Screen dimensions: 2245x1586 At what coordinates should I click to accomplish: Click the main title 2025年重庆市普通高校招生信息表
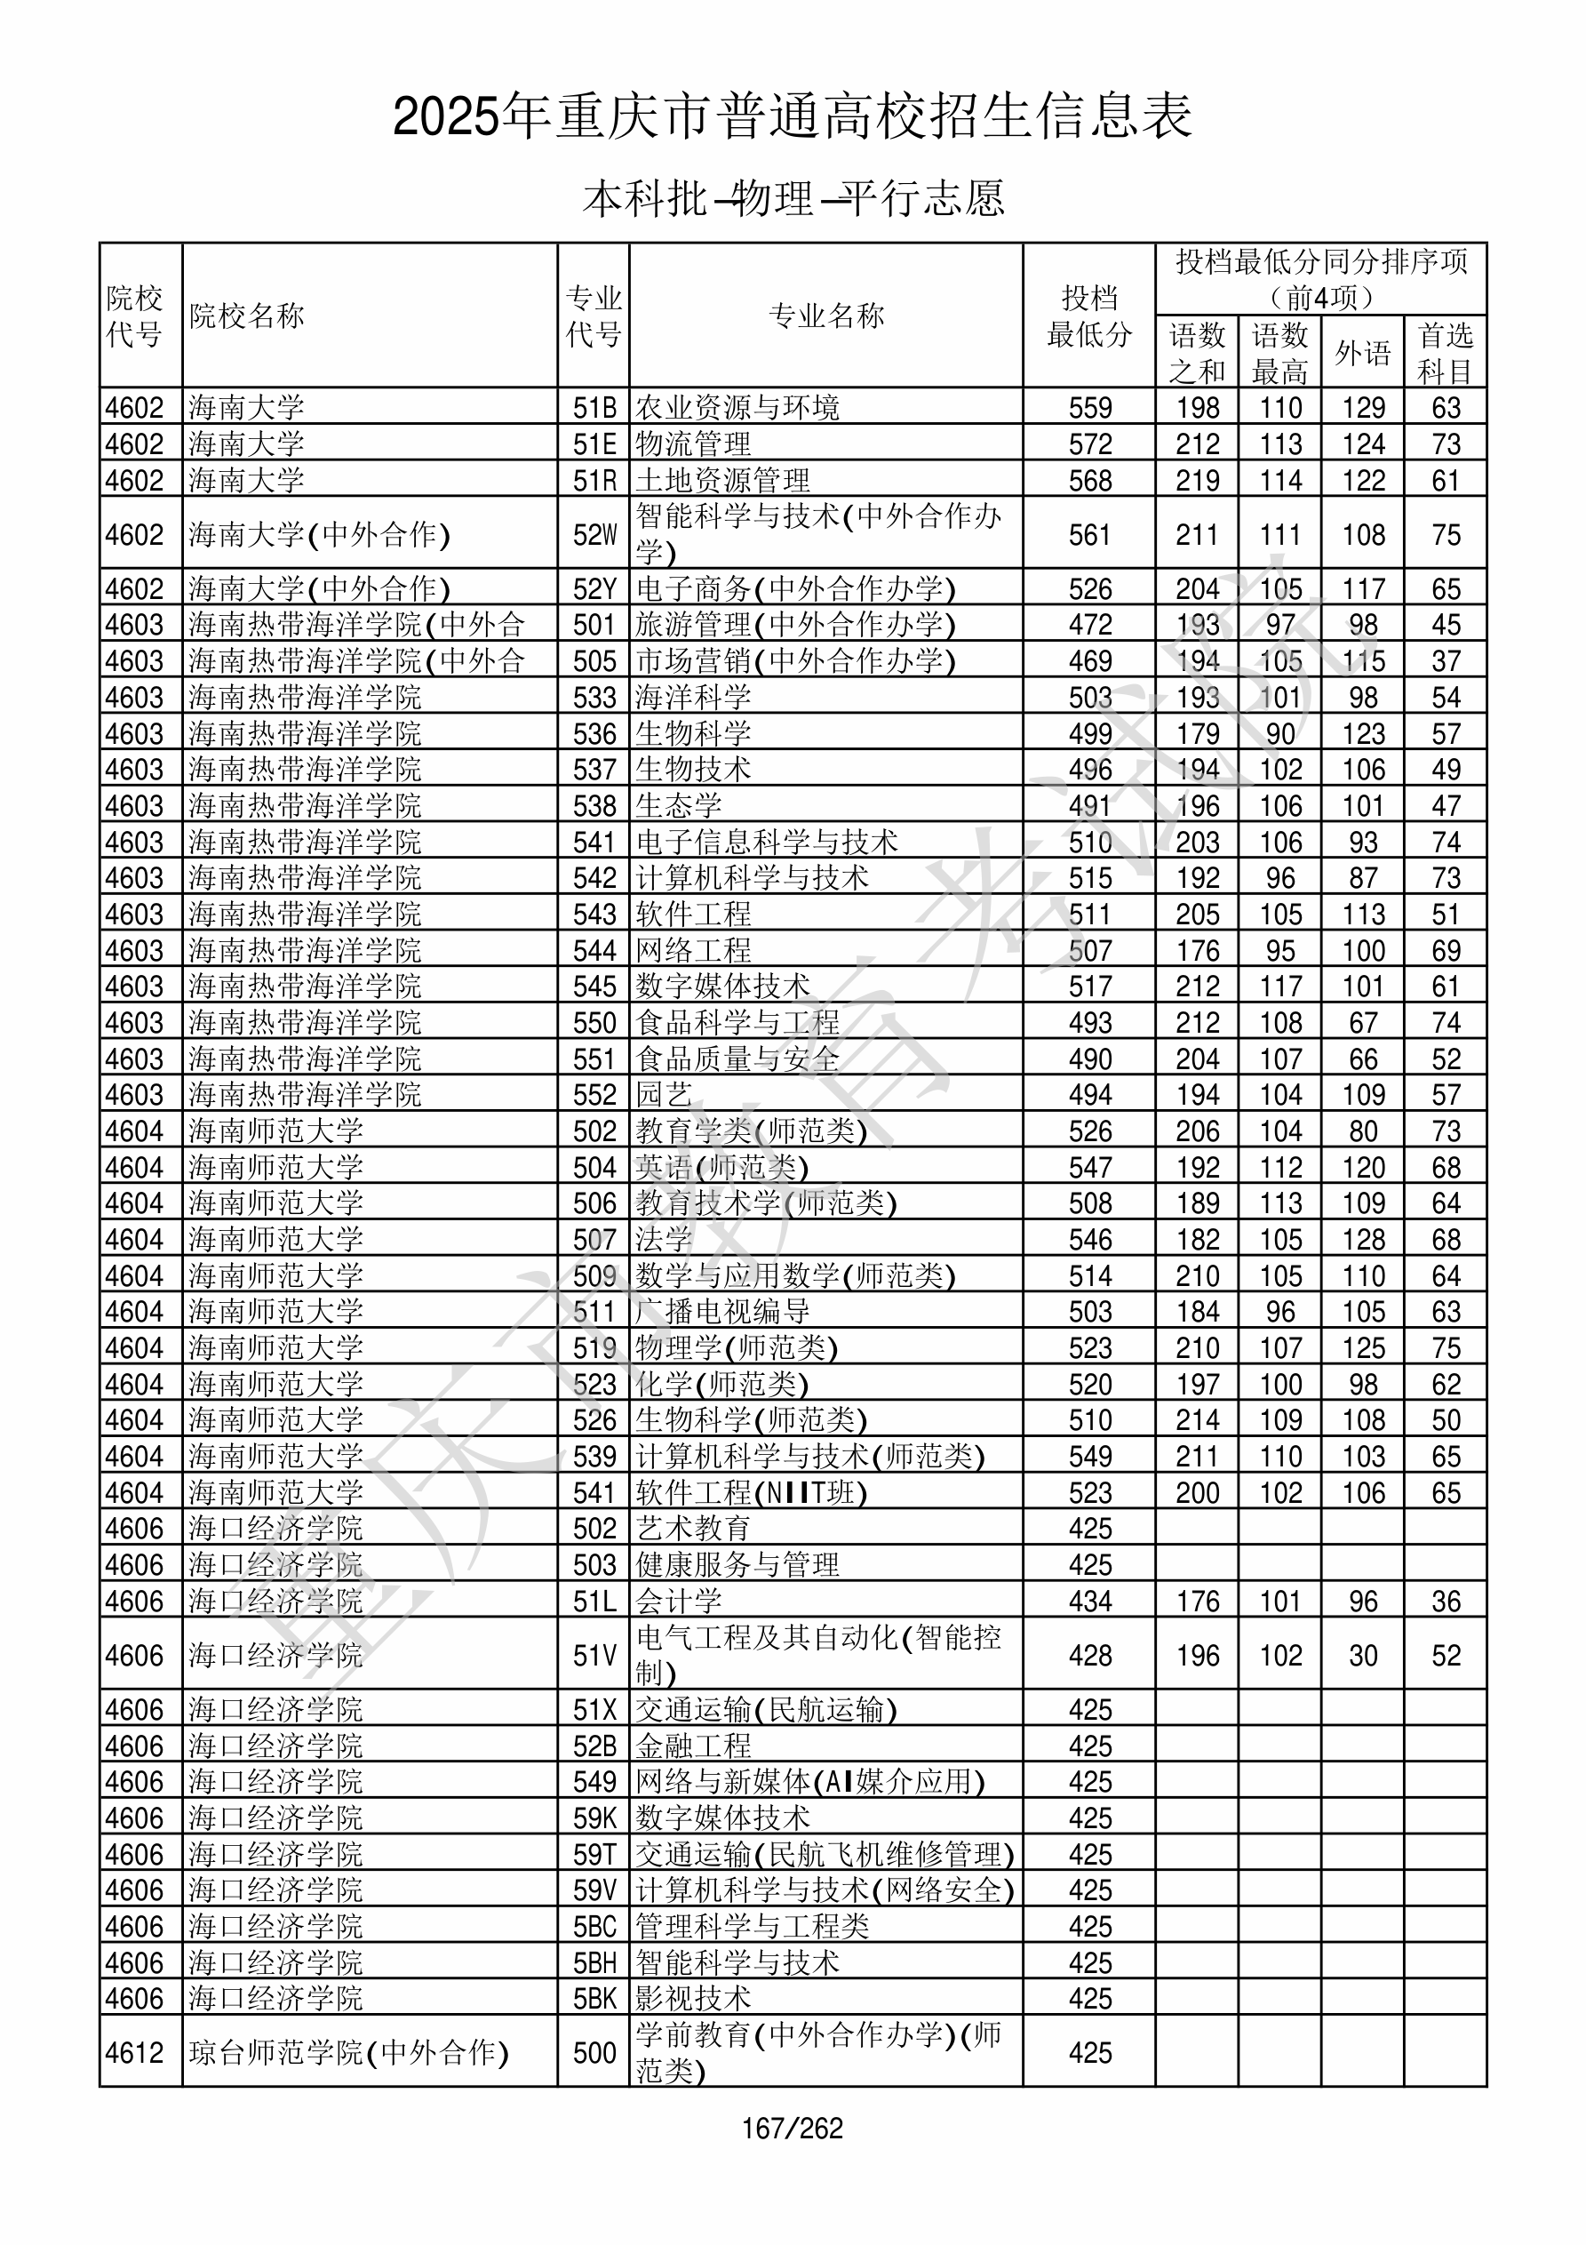[792, 117]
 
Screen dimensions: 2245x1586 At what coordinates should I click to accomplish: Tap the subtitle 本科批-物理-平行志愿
[793, 198]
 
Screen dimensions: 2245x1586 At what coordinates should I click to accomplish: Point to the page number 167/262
[792, 2128]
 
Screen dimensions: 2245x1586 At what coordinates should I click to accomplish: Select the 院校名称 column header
[247, 316]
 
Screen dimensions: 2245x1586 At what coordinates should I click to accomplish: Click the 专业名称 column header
[826, 316]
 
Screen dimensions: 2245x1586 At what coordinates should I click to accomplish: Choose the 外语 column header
[1363, 353]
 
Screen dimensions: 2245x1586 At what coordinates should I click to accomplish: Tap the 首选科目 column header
[1446, 353]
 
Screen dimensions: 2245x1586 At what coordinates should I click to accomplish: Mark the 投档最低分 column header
[1089, 316]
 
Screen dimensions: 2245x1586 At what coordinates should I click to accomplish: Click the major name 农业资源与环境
[737, 408]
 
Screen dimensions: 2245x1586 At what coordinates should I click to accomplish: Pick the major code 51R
[594, 481]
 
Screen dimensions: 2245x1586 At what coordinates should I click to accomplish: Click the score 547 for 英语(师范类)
[1090, 1168]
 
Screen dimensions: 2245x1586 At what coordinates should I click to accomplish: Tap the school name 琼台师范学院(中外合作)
[349, 2052]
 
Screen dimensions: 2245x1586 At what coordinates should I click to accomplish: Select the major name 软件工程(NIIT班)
[752, 1493]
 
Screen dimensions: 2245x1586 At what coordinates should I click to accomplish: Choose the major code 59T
[594, 1855]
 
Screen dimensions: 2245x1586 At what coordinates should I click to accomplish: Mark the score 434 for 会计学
[1090, 1602]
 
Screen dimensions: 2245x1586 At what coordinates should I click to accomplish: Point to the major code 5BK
[594, 1999]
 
